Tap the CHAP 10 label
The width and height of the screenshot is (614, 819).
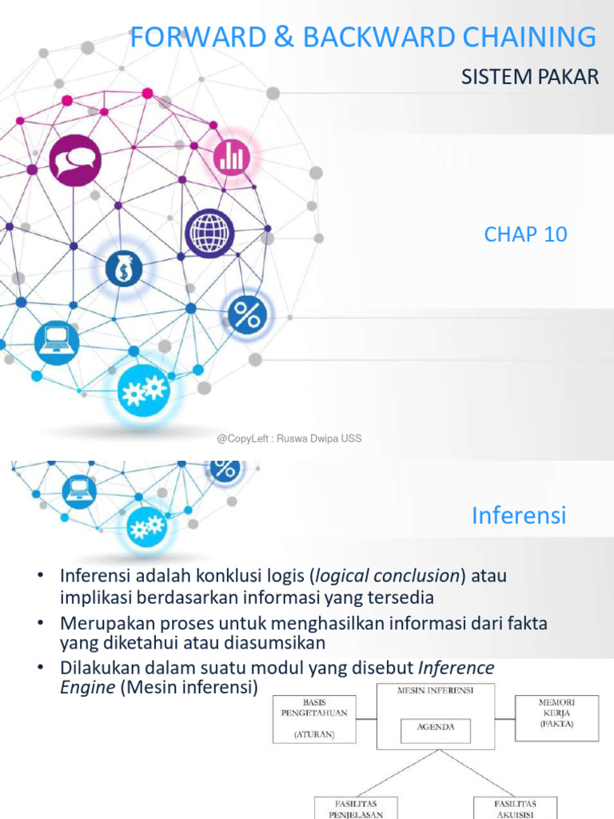pyautogui.click(x=525, y=234)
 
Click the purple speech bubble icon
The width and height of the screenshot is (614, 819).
pyautogui.click(x=75, y=161)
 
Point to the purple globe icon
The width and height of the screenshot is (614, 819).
pyautogui.click(x=209, y=233)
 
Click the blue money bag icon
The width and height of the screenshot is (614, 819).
pyautogui.click(x=124, y=268)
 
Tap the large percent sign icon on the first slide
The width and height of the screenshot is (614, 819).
pyautogui.click(x=247, y=315)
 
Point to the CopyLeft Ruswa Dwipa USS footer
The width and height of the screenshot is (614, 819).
pyautogui.click(x=289, y=438)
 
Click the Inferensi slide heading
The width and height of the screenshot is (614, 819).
pyautogui.click(x=518, y=515)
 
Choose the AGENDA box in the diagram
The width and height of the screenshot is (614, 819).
pyautogui.click(x=436, y=728)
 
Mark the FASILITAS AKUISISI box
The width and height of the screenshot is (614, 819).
pyautogui.click(x=515, y=808)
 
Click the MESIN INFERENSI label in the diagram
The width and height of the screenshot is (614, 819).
pyautogui.click(x=435, y=689)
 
